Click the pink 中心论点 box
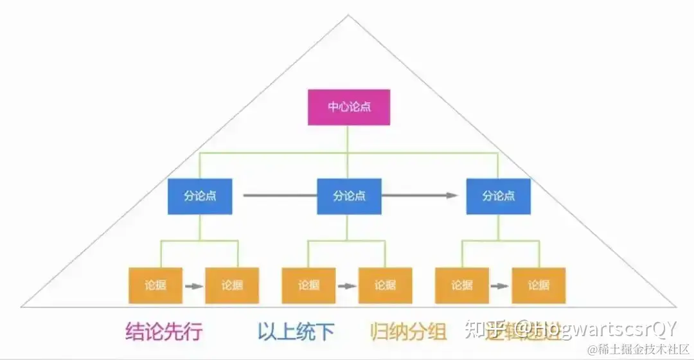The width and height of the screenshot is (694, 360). tap(349, 107)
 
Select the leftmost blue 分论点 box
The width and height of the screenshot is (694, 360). tap(200, 196)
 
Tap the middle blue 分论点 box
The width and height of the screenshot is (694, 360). tap(349, 196)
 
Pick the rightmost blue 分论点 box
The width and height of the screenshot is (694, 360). tap(499, 196)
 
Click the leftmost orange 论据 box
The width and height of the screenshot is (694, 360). tap(156, 285)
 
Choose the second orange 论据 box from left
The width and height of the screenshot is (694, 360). tap(232, 285)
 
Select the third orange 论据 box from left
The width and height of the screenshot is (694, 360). tap(308, 285)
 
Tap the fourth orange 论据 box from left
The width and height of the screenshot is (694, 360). tap(385, 285)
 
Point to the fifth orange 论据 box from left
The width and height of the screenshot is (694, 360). tap(461, 285)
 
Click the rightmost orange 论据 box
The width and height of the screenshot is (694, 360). tap(538, 285)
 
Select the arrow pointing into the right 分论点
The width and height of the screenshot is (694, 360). tap(424, 195)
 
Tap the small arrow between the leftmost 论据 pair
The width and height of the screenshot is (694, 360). tap(193, 285)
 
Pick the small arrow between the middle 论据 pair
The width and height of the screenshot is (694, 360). tap(347, 285)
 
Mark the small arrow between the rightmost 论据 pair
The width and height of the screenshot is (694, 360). tap(500, 285)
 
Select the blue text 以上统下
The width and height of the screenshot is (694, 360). tap(296, 331)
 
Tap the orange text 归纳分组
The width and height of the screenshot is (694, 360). tap(409, 331)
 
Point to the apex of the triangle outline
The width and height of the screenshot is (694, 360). tap(348, 15)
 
